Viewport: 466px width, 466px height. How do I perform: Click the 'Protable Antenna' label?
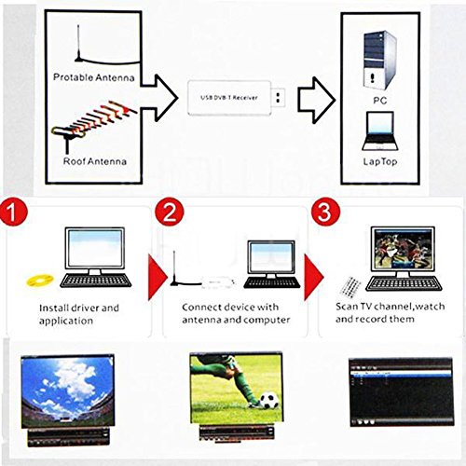[94, 77]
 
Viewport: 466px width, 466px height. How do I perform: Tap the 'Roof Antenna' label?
[95, 161]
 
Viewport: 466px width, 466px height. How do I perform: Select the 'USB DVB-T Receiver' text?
[229, 98]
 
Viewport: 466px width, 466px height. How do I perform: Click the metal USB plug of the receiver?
[279, 98]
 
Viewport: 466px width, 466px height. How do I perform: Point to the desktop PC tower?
[379, 61]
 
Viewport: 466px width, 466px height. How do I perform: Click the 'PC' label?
[380, 101]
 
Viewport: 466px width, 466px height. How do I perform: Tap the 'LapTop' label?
[380, 161]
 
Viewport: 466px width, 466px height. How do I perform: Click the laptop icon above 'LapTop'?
[380, 131]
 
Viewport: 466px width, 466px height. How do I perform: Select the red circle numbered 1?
[13, 212]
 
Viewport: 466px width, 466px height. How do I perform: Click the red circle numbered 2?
[170, 212]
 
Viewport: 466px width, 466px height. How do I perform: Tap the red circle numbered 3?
[325, 212]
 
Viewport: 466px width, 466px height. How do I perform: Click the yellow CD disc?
[40, 280]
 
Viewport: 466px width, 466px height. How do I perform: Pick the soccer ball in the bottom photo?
[268, 401]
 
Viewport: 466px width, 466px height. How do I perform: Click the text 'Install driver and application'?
[79, 314]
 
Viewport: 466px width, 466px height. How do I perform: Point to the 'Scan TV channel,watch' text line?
[390, 307]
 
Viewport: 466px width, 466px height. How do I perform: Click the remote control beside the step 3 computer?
[350, 285]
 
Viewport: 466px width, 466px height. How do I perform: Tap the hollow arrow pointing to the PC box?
[317, 100]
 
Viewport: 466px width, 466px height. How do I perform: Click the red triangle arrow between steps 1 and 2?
[157, 278]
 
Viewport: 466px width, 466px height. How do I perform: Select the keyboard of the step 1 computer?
[96, 281]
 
